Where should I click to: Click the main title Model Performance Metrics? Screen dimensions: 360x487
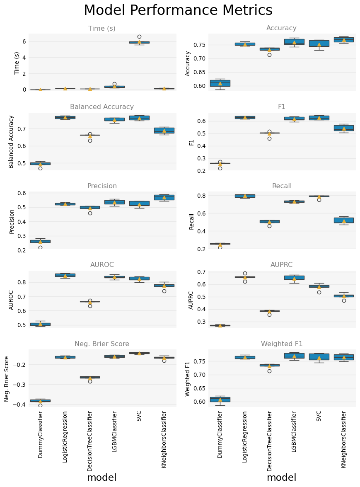pos(178,10)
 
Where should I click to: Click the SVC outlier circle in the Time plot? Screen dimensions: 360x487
pos(139,36)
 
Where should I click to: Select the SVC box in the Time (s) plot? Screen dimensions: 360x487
pos(139,42)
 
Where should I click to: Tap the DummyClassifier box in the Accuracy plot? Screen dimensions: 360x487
pos(220,83)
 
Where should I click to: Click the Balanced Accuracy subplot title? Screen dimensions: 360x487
pos(102,107)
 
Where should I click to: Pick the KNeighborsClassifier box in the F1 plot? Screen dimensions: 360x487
pos(343,128)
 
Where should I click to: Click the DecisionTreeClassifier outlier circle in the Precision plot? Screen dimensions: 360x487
pos(90,213)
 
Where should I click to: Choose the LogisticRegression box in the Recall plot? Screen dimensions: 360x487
pos(245,196)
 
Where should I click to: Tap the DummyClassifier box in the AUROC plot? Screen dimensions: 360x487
pos(40,324)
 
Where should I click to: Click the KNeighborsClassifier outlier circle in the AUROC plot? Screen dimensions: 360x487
pos(164,291)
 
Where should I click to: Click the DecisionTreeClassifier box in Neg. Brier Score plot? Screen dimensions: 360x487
pos(90,377)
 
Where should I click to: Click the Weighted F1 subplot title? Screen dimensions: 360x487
pos(281,344)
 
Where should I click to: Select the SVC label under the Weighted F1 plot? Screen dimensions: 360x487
pos(319,416)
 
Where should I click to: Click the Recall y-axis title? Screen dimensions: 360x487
pos(191,221)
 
